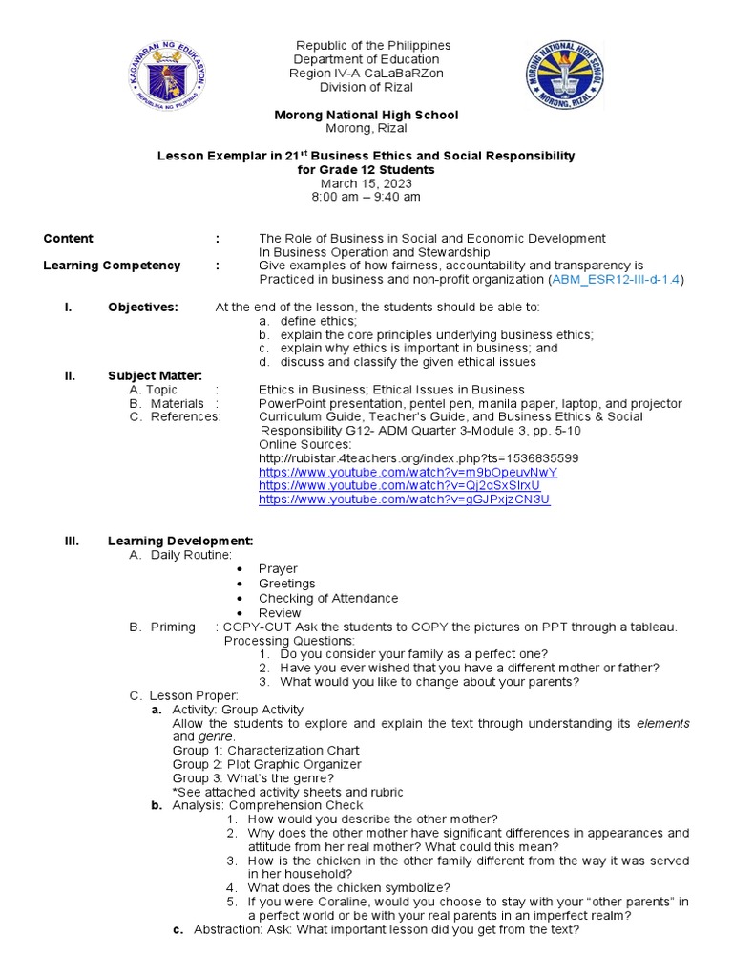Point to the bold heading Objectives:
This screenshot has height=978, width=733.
[142, 307]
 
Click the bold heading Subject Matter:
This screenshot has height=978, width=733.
[155, 375]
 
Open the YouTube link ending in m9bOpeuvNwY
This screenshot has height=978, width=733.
[408, 472]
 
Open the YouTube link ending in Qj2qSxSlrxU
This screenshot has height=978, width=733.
[405, 485]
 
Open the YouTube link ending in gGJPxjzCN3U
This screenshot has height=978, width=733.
[405, 500]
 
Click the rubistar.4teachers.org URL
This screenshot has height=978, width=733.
[418, 458]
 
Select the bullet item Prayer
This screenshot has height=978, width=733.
[278, 569]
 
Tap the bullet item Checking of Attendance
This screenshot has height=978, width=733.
[327, 598]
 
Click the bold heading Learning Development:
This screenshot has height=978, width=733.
[180, 541]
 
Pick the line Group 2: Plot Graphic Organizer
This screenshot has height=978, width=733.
[266, 764]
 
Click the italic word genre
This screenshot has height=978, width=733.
[215, 737]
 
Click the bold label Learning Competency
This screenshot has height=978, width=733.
[112, 266]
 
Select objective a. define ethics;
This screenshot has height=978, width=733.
[305, 321]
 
